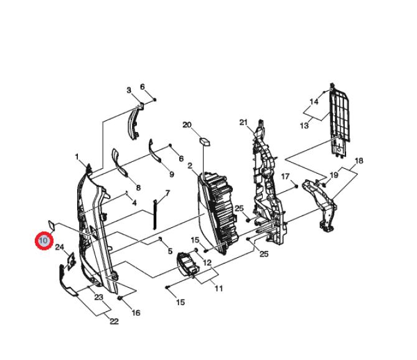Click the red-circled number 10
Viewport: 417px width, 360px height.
[x=44, y=241]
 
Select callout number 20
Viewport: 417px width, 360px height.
[x=187, y=125]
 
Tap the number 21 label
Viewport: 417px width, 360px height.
[x=243, y=123]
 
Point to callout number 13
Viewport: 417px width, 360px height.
[x=304, y=125]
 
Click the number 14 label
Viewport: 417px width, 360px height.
[x=314, y=102]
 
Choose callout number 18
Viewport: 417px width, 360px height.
[x=358, y=161]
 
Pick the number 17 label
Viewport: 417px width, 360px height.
[x=285, y=176]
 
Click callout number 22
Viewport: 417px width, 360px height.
[x=114, y=321]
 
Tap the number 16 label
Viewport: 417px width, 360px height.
[x=136, y=313]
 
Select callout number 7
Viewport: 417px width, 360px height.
[x=167, y=193]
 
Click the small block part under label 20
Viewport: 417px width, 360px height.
[x=205, y=141]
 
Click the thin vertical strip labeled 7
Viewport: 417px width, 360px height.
[x=155, y=214]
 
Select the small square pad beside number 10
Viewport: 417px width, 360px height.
[x=51, y=225]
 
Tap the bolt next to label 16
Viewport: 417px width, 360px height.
[x=120, y=298]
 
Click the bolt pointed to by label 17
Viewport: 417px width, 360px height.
[x=296, y=186]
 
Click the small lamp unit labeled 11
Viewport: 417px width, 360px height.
[x=188, y=263]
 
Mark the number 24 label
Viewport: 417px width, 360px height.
[x=60, y=247]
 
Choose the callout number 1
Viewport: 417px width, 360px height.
[x=77, y=157]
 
